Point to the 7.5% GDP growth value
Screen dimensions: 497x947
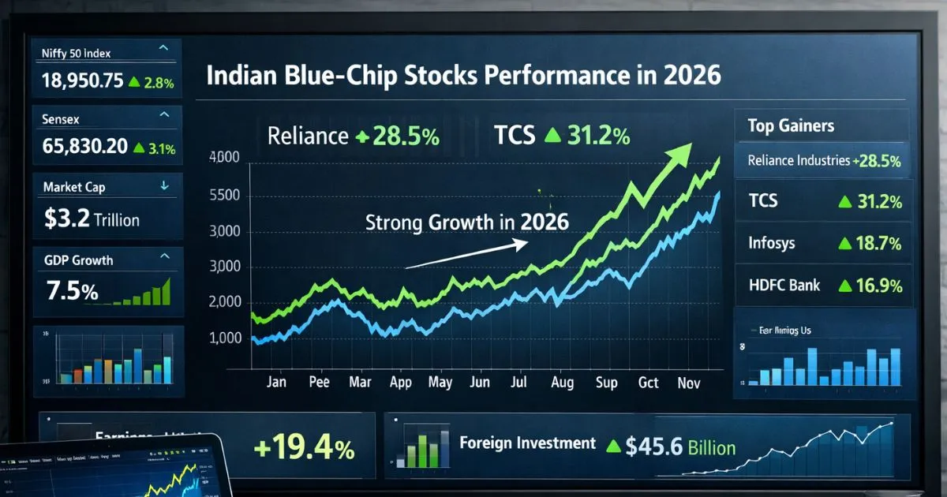coord(73,291)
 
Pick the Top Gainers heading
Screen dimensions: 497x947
coord(790,125)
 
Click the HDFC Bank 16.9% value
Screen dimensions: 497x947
coord(874,286)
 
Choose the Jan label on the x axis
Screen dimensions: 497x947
coord(276,383)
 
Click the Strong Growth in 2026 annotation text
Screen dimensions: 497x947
coord(467,222)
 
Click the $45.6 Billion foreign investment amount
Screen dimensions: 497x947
coord(679,448)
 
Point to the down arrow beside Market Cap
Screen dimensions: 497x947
coord(164,186)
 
